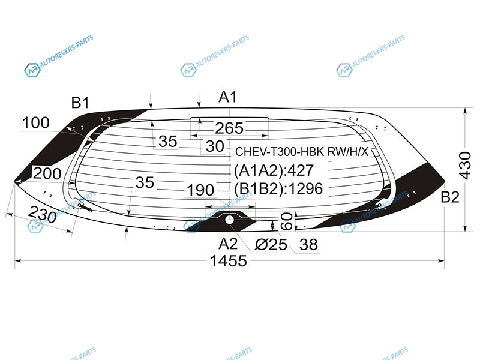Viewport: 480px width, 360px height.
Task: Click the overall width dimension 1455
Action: pos(228,261)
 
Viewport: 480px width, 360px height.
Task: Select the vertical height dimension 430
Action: pos(465,166)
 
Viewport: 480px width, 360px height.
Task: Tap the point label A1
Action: pos(228,97)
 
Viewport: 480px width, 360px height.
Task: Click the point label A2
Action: pos(228,244)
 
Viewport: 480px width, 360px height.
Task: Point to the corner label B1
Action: pos(80,103)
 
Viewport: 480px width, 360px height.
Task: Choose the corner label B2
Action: pos(450,197)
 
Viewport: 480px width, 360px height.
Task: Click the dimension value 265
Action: pos(229,128)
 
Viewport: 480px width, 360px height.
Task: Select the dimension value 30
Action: pos(215,146)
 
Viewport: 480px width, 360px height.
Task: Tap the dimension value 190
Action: pos(200,190)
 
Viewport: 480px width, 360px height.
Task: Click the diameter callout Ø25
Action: pos(271,245)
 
